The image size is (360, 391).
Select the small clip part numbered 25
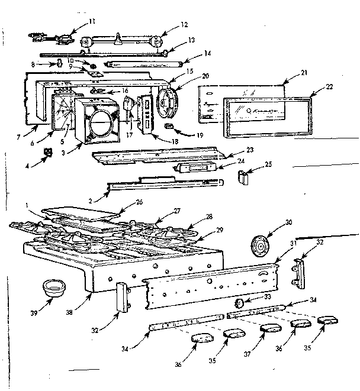click(x=243, y=176)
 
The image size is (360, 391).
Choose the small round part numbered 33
click(x=240, y=303)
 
